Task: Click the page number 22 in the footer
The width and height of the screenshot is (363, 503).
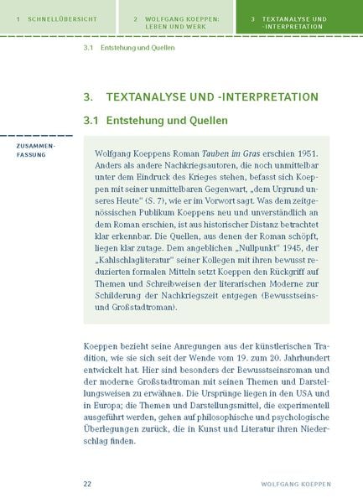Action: tap(87, 485)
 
